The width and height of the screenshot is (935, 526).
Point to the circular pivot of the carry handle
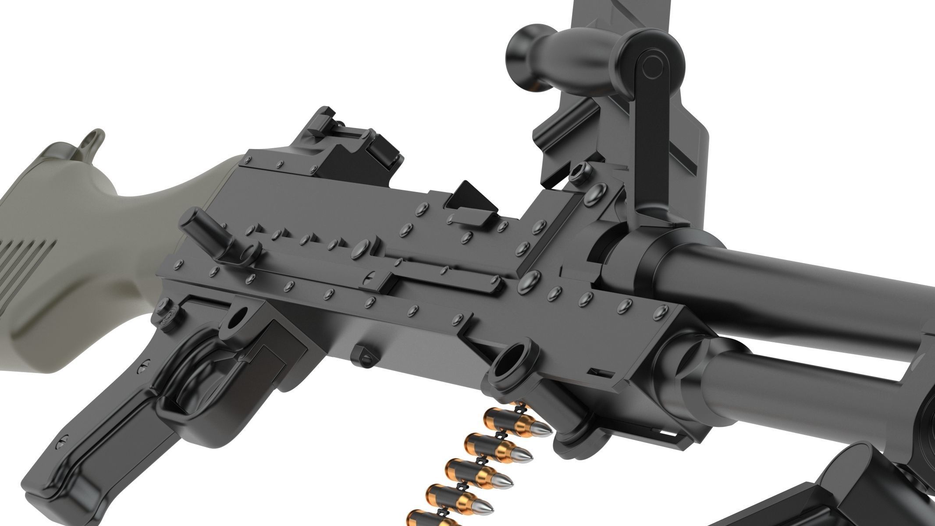pos(652,65)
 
